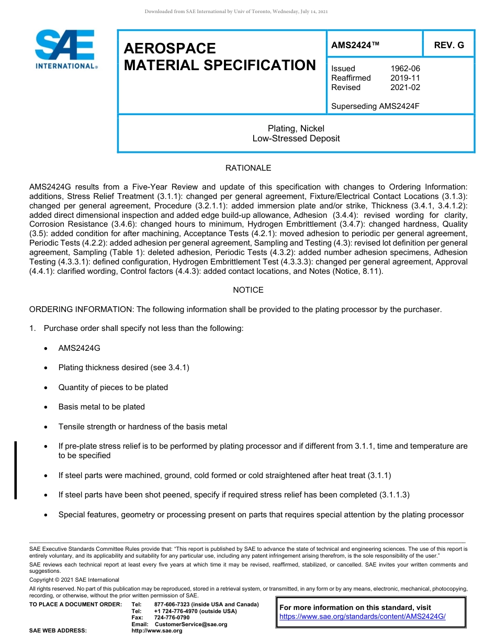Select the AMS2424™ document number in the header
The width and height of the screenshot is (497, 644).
point(355,45)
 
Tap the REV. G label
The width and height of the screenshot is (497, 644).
point(448,45)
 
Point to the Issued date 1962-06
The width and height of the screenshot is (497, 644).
point(405,69)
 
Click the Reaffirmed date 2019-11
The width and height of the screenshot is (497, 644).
point(405,78)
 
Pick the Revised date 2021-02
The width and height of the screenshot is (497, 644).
point(405,87)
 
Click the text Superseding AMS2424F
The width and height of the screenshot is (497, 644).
point(375,106)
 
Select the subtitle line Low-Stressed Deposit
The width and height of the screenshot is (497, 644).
point(296,139)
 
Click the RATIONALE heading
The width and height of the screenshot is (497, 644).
point(248,168)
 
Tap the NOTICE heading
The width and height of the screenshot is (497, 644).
point(248,290)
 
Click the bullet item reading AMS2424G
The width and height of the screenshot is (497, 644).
point(79,348)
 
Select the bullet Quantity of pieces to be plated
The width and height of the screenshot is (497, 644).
point(113,387)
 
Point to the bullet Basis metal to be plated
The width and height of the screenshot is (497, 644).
point(101,407)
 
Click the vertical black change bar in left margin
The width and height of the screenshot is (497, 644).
point(16,470)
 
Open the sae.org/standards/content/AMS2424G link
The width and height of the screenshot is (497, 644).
point(363,617)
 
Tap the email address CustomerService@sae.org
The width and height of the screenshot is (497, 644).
point(190,625)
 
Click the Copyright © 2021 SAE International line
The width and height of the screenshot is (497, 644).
point(74,580)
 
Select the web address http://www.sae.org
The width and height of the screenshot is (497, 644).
point(157,631)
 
